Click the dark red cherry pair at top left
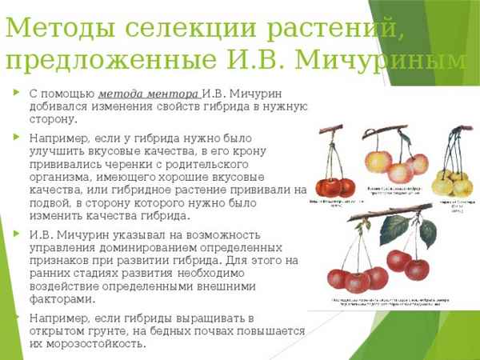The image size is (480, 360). [x=335, y=187]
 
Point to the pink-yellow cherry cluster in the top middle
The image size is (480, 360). [x=390, y=166]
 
